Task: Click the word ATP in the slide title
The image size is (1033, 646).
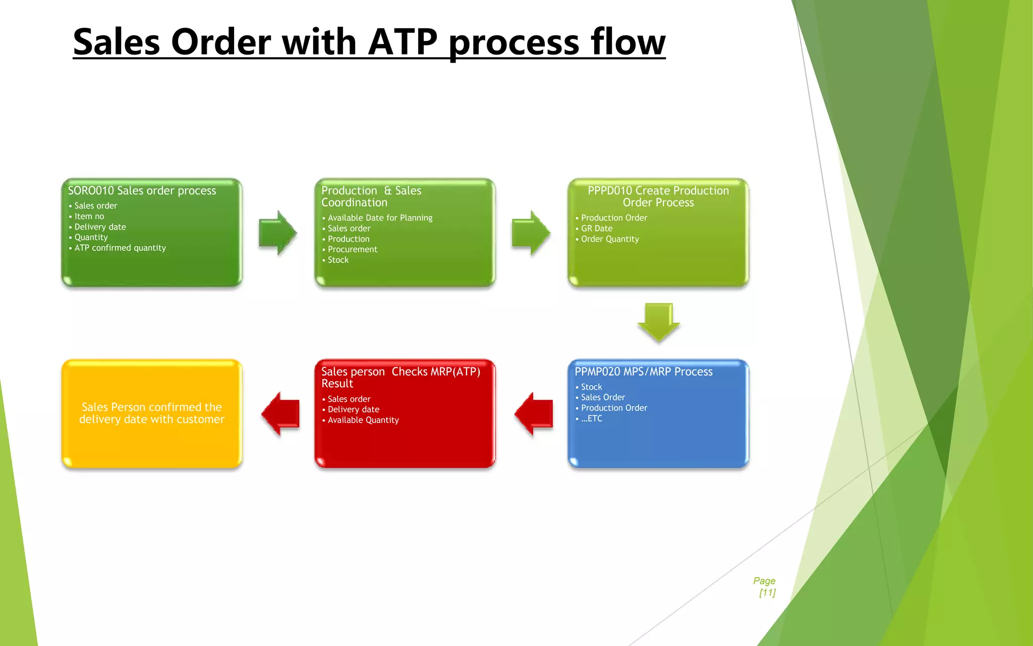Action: (x=403, y=42)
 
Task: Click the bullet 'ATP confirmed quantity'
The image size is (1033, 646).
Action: (x=120, y=248)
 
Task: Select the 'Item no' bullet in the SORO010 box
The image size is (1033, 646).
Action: (x=89, y=216)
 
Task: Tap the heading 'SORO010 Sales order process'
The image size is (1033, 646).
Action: (x=142, y=191)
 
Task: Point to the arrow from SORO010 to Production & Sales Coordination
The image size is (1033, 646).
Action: (x=277, y=233)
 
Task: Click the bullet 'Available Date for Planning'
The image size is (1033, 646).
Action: (x=380, y=218)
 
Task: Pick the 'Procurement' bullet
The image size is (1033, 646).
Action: (x=352, y=249)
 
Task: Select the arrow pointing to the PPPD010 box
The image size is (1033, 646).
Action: (x=530, y=233)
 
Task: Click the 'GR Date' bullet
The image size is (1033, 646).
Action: (x=596, y=228)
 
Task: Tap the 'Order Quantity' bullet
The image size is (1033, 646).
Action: (x=609, y=239)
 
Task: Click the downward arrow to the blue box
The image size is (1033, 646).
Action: (x=658, y=322)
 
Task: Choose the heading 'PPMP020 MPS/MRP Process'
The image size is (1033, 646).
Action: (x=643, y=372)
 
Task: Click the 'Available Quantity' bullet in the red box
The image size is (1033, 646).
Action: (x=363, y=420)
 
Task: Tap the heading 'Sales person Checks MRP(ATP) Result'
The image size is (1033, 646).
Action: (x=400, y=378)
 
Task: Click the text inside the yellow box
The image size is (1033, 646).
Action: (x=152, y=413)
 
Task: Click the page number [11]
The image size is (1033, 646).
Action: (x=767, y=593)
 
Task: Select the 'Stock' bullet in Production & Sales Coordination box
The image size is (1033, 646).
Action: (x=338, y=260)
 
